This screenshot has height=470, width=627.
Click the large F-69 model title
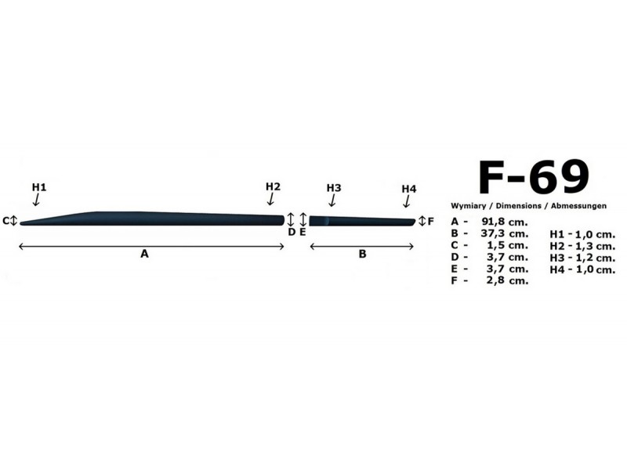point(534,177)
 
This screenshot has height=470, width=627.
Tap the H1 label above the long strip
point(39,187)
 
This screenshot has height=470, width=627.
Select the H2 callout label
point(273,186)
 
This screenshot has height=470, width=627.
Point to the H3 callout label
point(334,188)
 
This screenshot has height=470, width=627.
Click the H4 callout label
point(409,189)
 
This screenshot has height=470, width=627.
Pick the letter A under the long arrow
point(144,254)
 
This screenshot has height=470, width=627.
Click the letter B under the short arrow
point(362,254)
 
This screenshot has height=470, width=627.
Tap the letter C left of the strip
point(5,221)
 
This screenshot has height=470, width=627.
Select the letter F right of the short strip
point(430,221)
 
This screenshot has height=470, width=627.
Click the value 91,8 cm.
point(505,222)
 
